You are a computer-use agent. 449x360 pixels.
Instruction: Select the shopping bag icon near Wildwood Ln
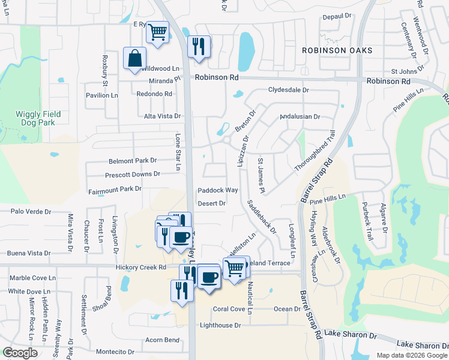(135, 59)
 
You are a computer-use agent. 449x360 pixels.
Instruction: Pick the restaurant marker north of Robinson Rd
(198, 46)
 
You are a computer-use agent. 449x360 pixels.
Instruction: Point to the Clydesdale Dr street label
(288, 90)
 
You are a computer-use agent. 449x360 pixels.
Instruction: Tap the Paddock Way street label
(218, 190)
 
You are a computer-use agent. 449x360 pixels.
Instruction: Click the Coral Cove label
(229, 309)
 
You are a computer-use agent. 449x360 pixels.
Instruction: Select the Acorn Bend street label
(162, 340)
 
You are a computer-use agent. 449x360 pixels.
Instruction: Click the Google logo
(20, 353)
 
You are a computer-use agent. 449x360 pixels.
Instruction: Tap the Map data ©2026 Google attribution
(411, 355)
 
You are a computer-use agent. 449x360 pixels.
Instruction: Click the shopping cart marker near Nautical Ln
(234, 267)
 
